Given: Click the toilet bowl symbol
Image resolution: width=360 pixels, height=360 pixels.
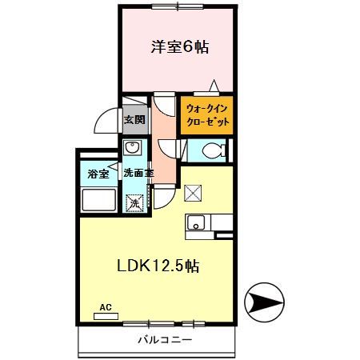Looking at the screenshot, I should (x=212, y=150).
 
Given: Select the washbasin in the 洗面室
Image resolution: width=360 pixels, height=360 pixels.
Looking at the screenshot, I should (x=133, y=149).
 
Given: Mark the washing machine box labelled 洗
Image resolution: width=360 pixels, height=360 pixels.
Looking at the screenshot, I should (x=135, y=203).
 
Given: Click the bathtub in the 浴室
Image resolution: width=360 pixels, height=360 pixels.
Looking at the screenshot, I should (x=98, y=200).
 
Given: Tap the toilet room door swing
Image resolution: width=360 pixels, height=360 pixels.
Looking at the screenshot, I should (x=170, y=148).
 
